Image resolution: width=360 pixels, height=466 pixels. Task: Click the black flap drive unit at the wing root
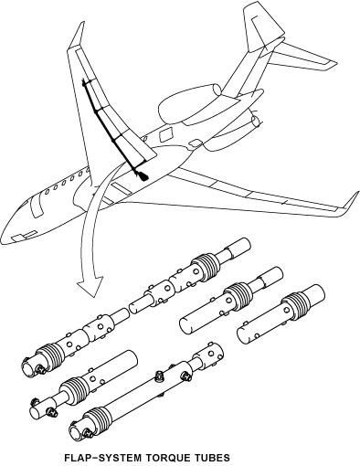[142, 171]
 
